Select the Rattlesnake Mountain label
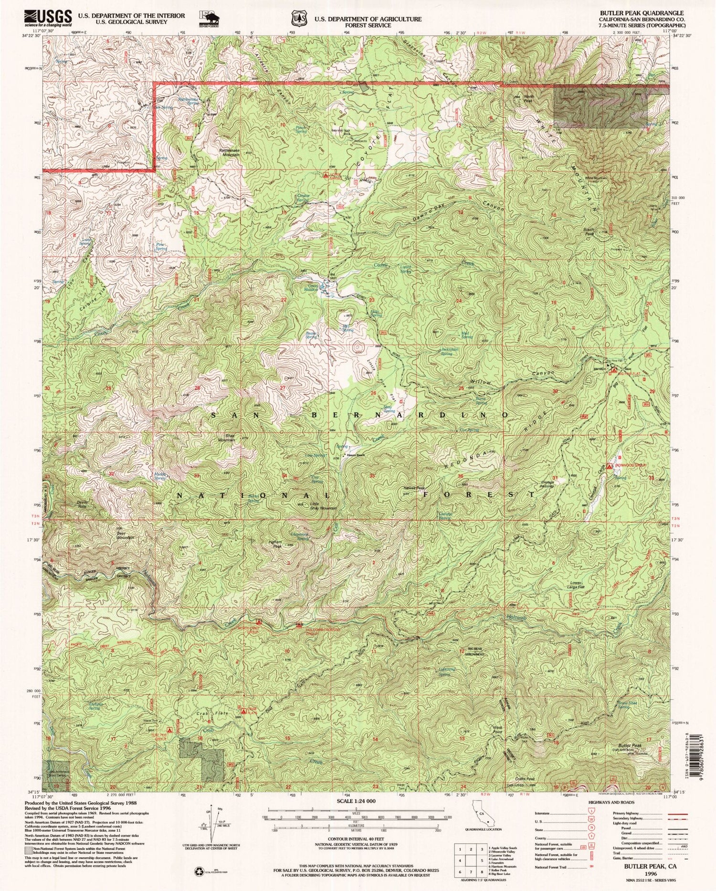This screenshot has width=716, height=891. tap(229, 152)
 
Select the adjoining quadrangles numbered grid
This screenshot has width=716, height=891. tap(470, 859)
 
